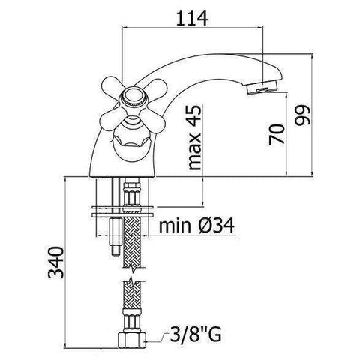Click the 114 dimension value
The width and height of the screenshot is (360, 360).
(192, 18)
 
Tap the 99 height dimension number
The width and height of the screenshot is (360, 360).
(302, 115)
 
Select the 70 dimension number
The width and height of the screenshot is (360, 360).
(277, 134)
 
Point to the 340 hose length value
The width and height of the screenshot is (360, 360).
(55, 262)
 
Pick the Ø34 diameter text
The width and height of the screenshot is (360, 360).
(217, 226)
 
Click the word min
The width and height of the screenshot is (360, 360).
(175, 226)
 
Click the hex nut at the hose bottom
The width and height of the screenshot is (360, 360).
(131, 340)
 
